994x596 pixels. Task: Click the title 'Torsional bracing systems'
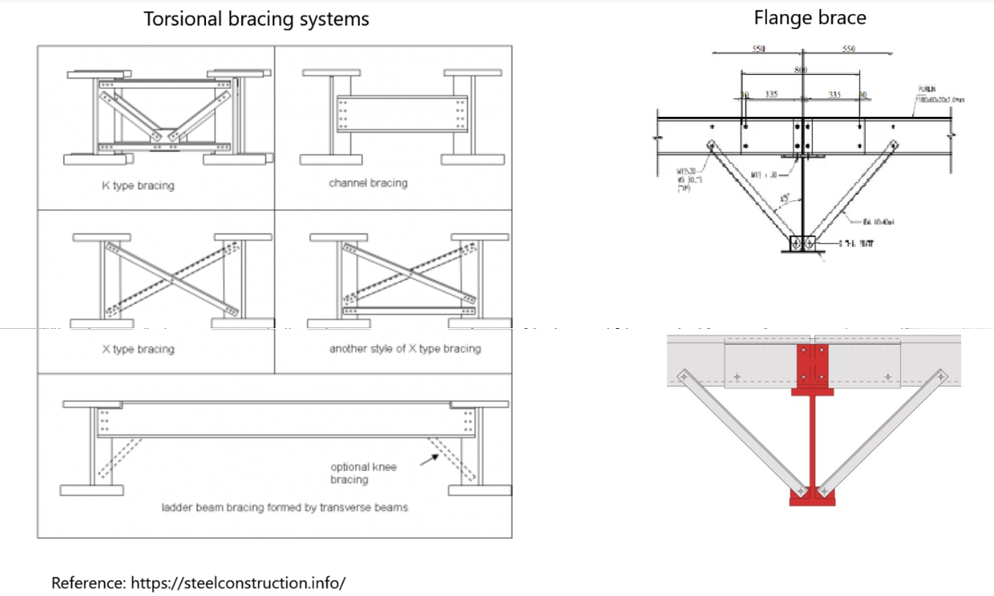[x=256, y=19]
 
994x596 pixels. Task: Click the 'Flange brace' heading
[x=810, y=18]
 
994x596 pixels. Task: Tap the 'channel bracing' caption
[x=367, y=183]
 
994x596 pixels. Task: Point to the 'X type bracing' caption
[x=138, y=350]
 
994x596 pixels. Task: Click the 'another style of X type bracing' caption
[x=404, y=349]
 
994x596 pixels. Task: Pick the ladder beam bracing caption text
[x=284, y=508]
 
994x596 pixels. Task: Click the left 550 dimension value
[x=759, y=49]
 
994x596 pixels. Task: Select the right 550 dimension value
[x=849, y=49]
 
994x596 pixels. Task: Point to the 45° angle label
[x=786, y=199]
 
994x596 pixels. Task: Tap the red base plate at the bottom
[x=810, y=496]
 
